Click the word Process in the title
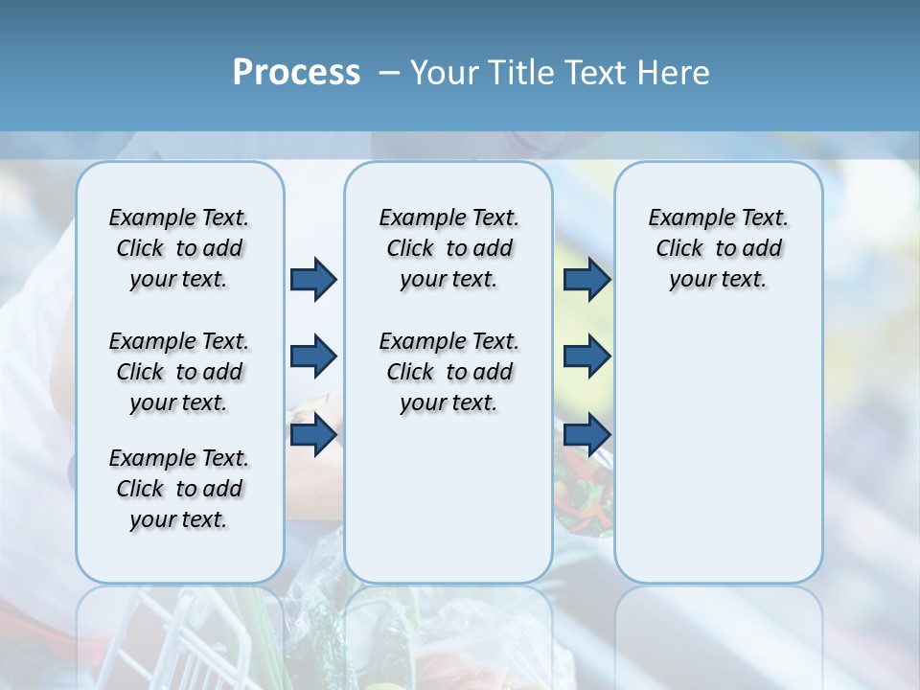[296, 73]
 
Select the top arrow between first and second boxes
[313, 279]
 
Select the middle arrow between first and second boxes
[313, 356]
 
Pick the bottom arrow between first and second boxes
[313, 434]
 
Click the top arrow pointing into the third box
[586, 279]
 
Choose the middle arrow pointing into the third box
[586, 356]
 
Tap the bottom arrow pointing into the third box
[586, 434]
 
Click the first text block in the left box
[179, 248]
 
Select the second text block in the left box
[179, 372]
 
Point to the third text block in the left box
[179, 489]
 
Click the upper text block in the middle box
[448, 248]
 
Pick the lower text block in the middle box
[448, 372]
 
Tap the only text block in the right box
[718, 248]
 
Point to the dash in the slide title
[389, 74]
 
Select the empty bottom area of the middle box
[448, 508]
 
